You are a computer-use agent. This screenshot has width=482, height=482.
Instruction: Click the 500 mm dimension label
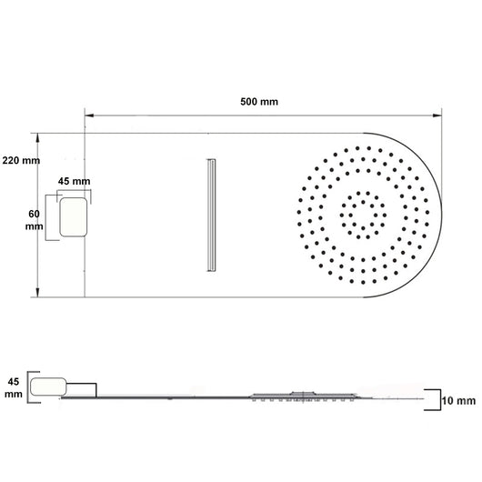coord(259,102)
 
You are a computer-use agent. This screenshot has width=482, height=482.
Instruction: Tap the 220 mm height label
coord(21,160)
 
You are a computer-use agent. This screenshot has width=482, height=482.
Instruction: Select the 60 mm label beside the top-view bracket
coord(35,220)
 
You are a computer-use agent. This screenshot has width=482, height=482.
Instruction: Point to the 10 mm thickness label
coord(458,401)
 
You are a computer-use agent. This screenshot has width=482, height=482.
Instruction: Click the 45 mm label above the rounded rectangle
coord(74,181)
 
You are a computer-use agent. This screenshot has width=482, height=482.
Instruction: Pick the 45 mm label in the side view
coord(14,388)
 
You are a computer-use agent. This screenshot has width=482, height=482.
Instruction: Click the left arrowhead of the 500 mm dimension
coord(89,115)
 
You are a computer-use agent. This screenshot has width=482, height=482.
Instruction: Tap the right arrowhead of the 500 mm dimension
coord(437,115)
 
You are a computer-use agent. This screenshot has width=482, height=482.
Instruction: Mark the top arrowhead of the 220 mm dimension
coord(38,137)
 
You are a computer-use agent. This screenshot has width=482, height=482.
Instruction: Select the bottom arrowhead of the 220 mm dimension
coord(38,293)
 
